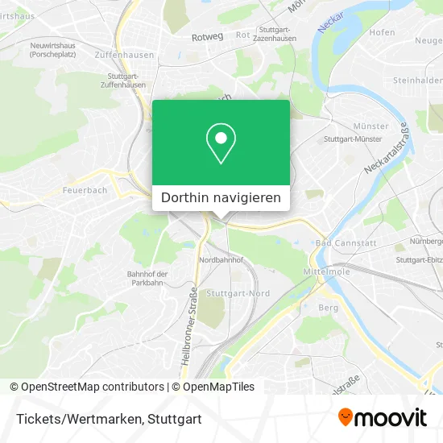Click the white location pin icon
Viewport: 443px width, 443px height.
coord(221,143)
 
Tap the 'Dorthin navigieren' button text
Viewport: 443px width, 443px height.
coord(221,197)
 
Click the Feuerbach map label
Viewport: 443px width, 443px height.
coord(84,192)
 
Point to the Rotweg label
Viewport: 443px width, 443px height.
coord(207,37)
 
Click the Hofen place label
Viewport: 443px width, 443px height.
coord(382,32)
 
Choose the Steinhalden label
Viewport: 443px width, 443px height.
coord(417,81)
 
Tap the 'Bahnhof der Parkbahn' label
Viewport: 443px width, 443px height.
coord(147,278)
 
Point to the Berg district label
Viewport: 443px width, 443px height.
coord(328,307)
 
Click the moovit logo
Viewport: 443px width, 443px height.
coord(382,417)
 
